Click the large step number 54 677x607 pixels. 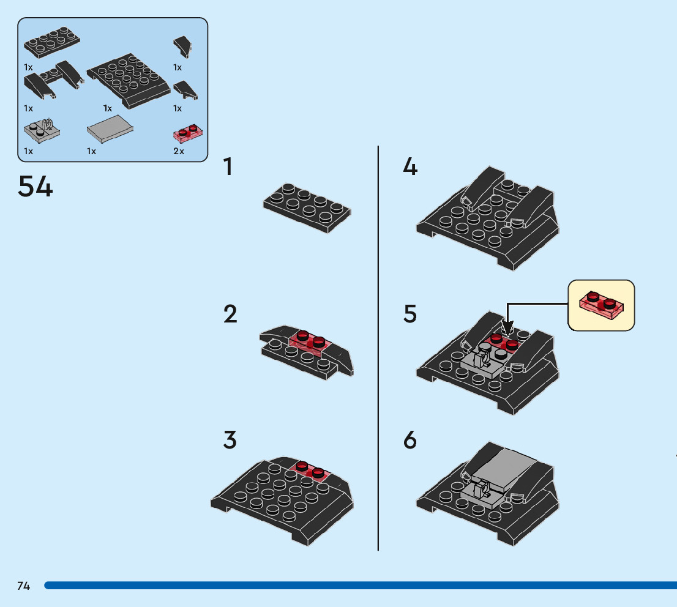[36, 187]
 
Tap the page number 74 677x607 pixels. [24, 586]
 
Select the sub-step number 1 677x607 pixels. [228, 166]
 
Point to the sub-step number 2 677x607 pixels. [230, 315]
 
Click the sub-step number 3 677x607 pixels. [230, 440]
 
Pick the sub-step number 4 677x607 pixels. [410, 166]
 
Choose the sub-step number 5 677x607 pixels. [410, 315]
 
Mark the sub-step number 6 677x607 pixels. [410, 440]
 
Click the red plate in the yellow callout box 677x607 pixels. [602, 305]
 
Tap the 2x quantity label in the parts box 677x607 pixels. [179, 151]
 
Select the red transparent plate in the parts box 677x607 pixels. [189, 132]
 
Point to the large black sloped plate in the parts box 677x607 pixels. [129, 80]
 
